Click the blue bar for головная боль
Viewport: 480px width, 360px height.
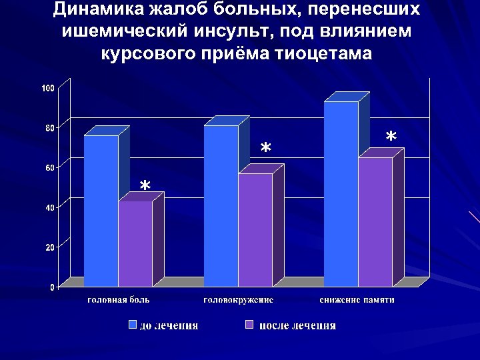coord(101,211)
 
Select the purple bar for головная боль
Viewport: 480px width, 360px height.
coord(135,244)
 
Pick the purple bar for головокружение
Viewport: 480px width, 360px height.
coord(255,230)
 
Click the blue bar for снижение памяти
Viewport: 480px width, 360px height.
coord(341,194)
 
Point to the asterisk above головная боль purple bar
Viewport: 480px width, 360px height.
coord(145,185)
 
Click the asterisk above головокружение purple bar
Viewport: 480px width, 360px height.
coord(265,149)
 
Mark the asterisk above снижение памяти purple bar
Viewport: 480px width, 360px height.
coord(391,137)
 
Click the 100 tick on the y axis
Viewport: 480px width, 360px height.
coord(48,88)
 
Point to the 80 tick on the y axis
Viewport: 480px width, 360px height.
coord(50,128)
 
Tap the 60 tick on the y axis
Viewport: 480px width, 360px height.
coord(50,167)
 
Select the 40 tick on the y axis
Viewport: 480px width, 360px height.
coord(50,207)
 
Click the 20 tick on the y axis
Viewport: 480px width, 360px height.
coord(50,247)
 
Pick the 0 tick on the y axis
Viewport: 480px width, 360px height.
coord(52,287)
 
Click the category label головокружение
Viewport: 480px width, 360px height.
coord(238,300)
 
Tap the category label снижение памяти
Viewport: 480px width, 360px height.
coord(357,300)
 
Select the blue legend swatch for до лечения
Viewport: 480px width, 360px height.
coord(133,325)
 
